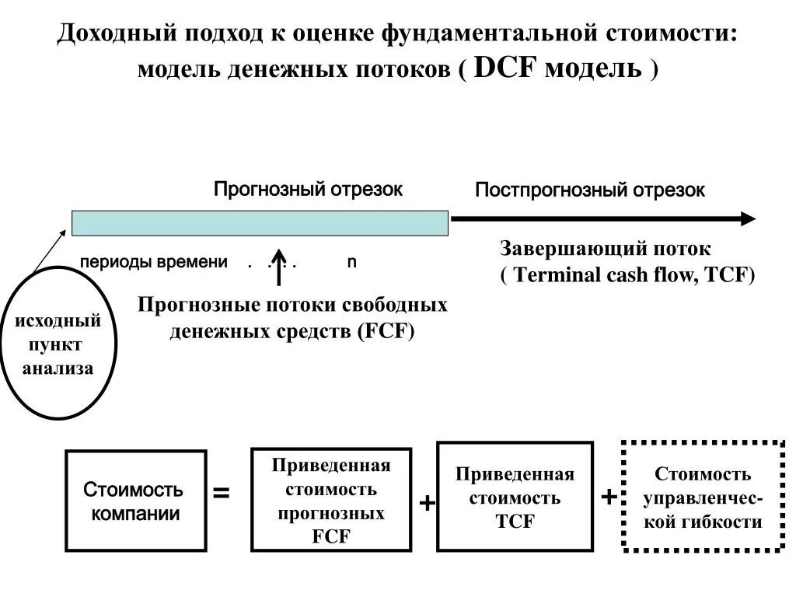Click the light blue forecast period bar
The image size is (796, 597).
point(260,222)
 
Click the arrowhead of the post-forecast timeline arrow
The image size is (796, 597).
point(748,218)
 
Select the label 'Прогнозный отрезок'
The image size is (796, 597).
point(308,189)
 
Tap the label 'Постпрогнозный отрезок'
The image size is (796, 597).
point(589,190)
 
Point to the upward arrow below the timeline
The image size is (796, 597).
point(281,268)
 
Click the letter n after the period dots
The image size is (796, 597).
point(351,262)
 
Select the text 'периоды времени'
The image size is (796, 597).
point(154,262)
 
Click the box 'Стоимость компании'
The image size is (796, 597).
point(135,501)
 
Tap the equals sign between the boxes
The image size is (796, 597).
point(222,493)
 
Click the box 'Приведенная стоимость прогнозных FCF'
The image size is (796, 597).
point(331,501)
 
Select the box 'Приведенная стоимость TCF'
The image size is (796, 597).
point(515,497)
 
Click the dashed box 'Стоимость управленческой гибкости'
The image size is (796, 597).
point(703,497)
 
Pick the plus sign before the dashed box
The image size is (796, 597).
point(609,497)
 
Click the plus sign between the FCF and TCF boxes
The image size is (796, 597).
point(426,504)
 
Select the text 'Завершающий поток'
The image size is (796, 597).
point(605,249)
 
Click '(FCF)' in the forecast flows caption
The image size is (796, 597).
point(386,331)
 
